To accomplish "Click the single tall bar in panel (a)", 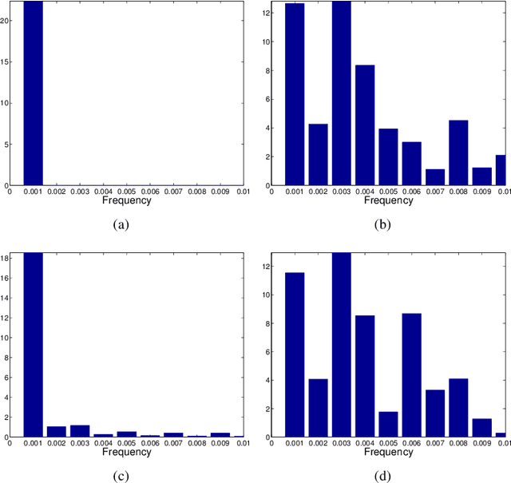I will tap(33, 93).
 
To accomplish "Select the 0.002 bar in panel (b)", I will tap(318, 154).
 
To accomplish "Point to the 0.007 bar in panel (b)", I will tap(435, 176).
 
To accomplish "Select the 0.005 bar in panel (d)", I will tap(388, 424).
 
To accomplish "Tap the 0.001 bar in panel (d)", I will tap(295, 354).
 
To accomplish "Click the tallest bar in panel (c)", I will tap(33, 345).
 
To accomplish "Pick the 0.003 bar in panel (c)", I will tap(80, 430).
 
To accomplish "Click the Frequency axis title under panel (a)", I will tap(126, 200).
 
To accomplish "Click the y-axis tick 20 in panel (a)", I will tap(5, 20).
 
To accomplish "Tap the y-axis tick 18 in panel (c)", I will tap(5, 258).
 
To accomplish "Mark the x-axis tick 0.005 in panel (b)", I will tap(388, 192).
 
